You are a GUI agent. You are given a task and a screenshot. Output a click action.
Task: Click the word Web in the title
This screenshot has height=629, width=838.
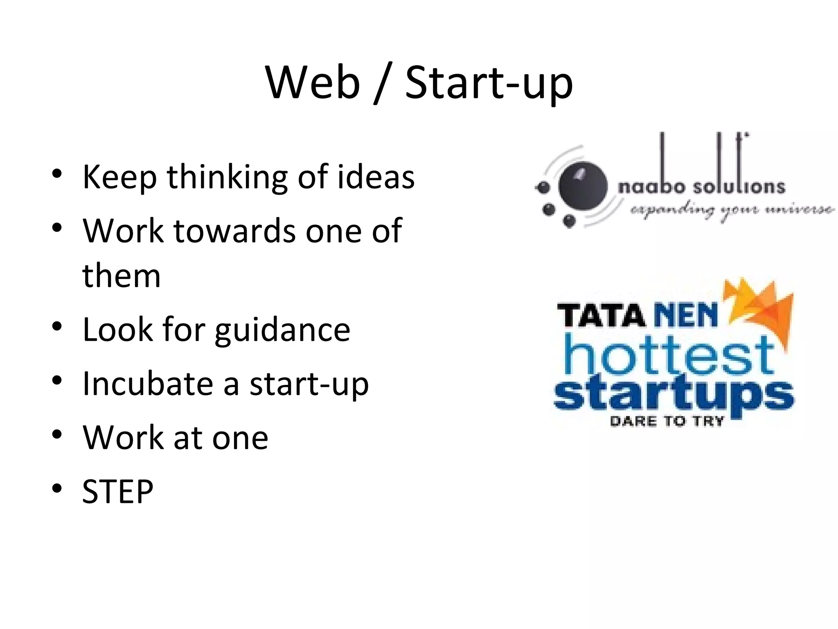tap(313, 83)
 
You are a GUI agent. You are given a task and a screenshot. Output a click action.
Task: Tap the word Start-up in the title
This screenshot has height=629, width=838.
tap(489, 84)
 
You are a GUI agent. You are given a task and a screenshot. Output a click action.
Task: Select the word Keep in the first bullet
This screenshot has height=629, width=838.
tap(119, 177)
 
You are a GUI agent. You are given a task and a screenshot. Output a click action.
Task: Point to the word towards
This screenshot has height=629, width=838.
tap(235, 231)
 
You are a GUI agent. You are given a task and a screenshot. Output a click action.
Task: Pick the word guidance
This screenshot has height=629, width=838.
tap(282, 330)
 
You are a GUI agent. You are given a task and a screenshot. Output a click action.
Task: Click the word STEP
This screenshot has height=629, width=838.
tap(118, 491)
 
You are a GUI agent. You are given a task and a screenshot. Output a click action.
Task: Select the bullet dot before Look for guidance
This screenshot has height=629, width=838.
tap(57, 326)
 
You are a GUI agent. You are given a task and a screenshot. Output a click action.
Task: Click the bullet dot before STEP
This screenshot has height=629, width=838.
tap(57, 488)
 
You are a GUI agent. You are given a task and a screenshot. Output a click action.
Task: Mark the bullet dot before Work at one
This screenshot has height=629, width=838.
tap(57, 434)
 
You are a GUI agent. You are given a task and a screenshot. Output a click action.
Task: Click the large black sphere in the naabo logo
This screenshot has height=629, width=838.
tap(583, 186)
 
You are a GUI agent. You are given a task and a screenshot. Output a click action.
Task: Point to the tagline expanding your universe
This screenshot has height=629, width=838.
tap(732, 210)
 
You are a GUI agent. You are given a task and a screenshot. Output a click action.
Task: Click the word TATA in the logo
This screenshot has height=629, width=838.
tap(601, 316)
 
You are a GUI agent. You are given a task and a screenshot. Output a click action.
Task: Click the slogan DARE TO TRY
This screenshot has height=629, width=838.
tap(667, 421)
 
